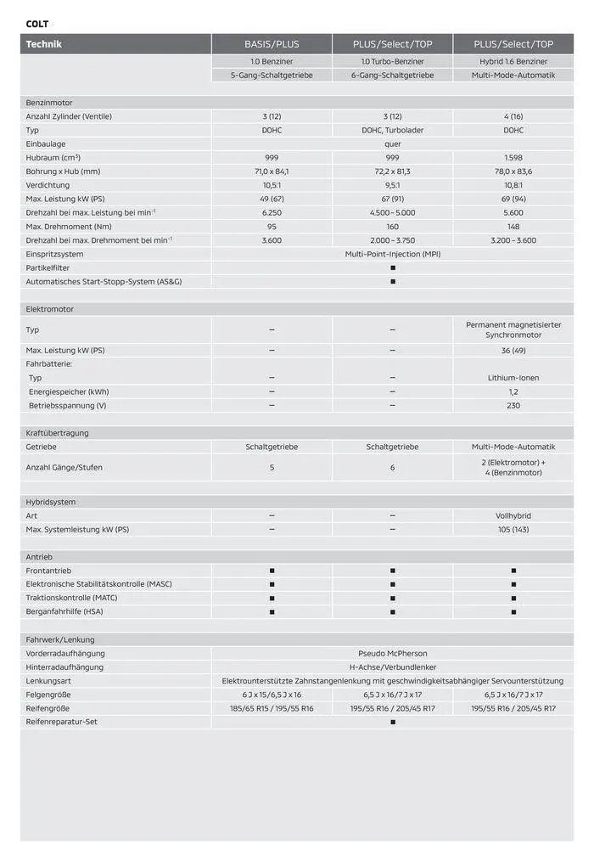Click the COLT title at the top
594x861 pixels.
click(x=36, y=24)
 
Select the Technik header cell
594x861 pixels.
click(x=44, y=44)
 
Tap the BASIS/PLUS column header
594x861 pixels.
click(x=272, y=44)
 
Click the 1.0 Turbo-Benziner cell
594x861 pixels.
click(x=392, y=61)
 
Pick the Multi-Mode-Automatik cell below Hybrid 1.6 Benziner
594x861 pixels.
click(x=513, y=75)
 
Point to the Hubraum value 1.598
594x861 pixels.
click(x=513, y=158)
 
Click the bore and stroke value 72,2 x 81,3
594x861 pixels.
click(x=392, y=172)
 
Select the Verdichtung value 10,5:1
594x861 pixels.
click(x=272, y=185)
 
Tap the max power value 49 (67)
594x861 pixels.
click(x=272, y=199)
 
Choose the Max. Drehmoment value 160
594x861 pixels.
click(x=392, y=227)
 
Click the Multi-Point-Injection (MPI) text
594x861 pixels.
click(x=392, y=254)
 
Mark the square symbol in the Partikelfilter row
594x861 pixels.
click(x=392, y=267)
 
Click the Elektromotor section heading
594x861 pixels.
click(x=50, y=309)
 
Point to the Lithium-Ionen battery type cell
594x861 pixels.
click(x=513, y=378)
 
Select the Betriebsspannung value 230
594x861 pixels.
click(x=513, y=405)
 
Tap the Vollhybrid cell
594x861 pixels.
click(x=513, y=515)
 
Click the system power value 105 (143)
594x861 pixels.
click(x=513, y=529)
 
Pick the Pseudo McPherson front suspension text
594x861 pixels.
click(x=392, y=653)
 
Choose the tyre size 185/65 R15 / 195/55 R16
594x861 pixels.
click(x=272, y=708)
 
